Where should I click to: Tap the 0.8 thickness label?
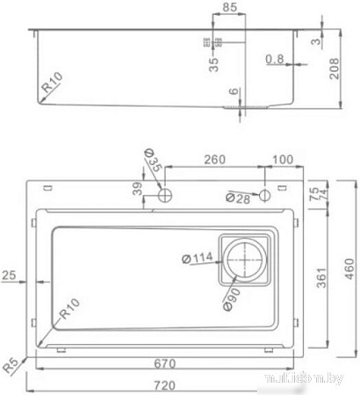(274, 59)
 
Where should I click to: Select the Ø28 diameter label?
(237, 199)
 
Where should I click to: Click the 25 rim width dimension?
(11, 275)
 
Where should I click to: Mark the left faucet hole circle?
(163, 192)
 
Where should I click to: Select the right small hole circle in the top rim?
(264, 193)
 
